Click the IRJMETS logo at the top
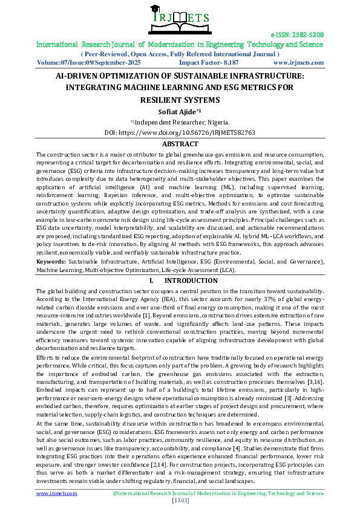180,16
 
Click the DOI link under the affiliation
180,132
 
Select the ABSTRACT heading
180,144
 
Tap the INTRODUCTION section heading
186,281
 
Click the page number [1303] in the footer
180,501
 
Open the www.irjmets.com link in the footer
57,493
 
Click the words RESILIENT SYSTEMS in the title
180,100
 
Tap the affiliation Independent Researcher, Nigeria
182,122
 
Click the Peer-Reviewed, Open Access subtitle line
180,53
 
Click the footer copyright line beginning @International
218,493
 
